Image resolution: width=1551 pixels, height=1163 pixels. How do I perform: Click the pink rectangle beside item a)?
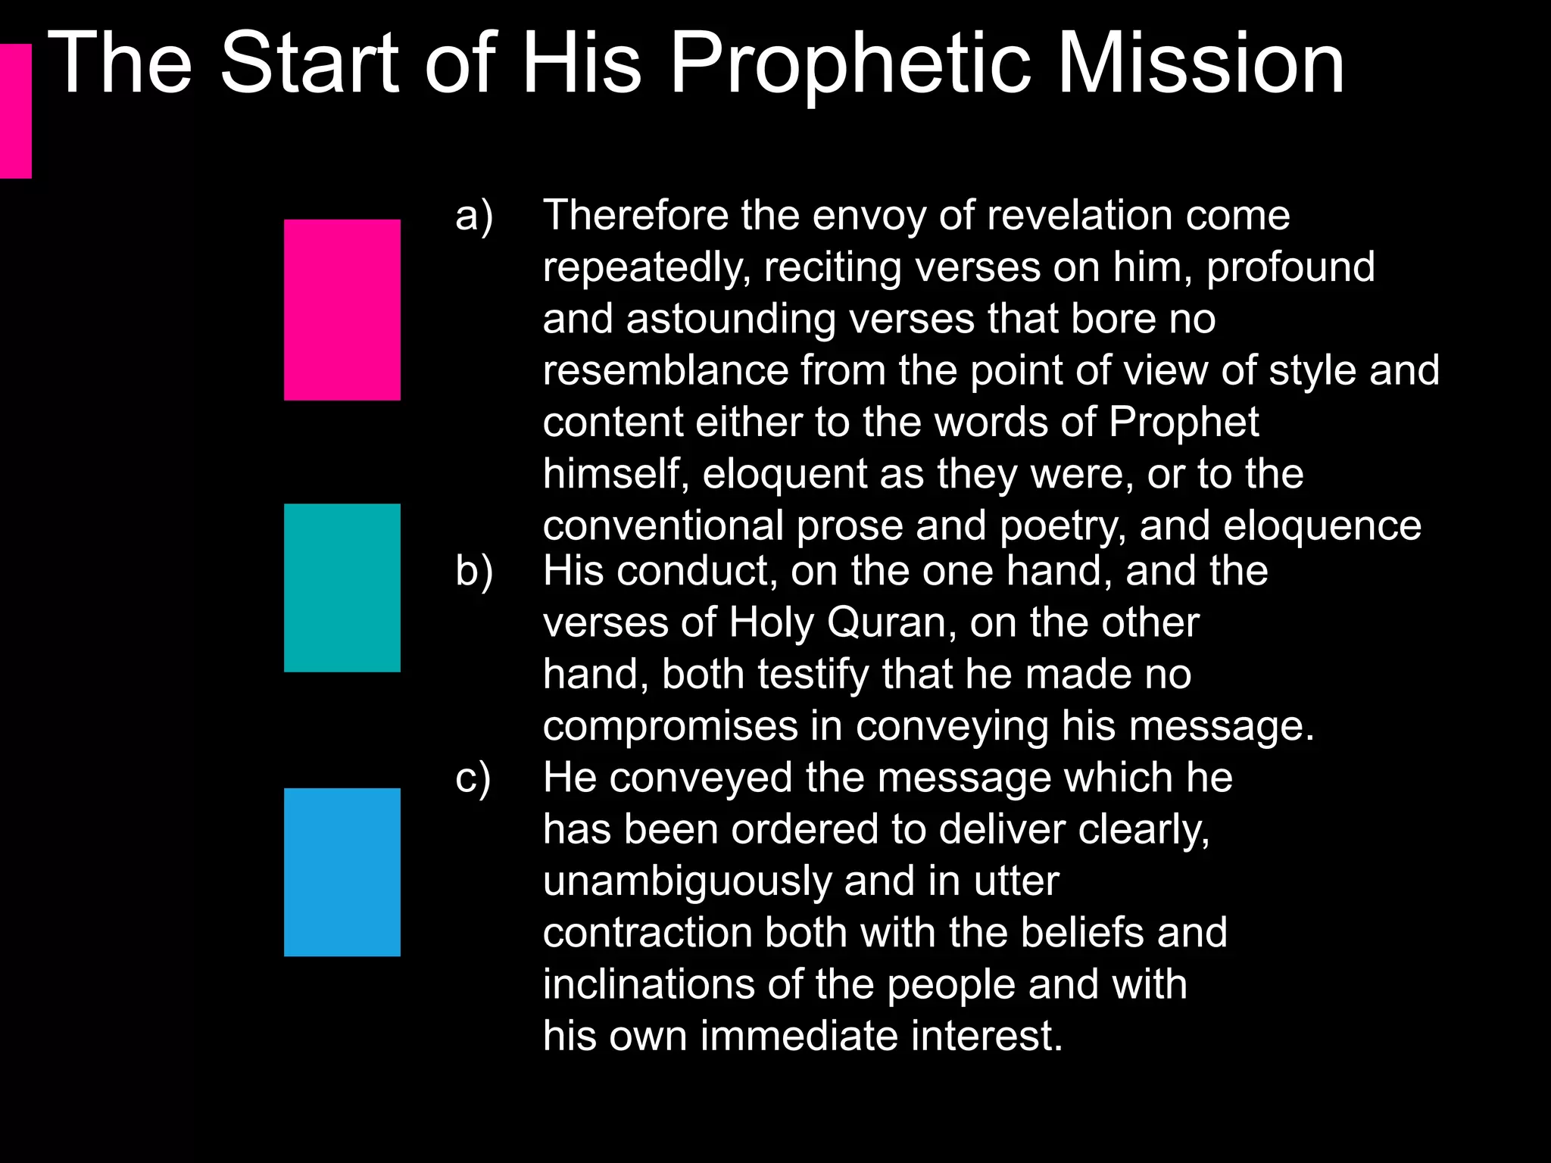pos(342,310)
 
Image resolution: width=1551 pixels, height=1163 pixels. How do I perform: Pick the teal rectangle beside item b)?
pos(342,588)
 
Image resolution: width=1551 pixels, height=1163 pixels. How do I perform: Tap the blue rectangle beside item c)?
pos(342,872)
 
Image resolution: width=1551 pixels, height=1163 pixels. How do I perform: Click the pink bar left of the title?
pos(15,111)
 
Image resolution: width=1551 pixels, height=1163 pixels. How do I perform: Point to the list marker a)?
pos(474,216)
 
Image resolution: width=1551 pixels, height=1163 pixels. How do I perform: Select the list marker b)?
pos(474,571)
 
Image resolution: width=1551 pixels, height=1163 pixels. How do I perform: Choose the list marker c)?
pos(473,778)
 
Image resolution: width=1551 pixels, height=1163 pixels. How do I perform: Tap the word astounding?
pos(731,319)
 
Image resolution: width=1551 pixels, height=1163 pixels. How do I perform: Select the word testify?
pos(813,675)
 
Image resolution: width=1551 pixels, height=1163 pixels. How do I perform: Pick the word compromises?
pos(670,727)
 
